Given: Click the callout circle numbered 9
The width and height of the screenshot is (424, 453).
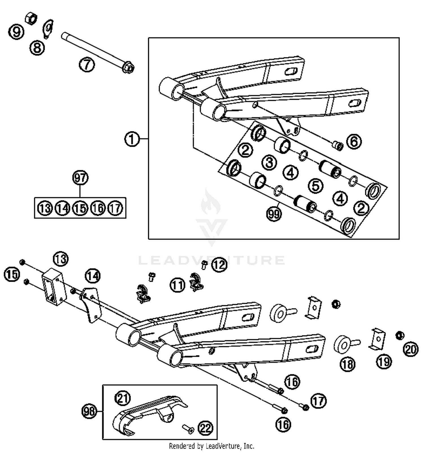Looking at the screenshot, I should (16, 31).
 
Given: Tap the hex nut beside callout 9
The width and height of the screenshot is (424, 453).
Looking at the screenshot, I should (31, 18).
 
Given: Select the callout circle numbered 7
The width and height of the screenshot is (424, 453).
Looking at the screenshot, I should (86, 65).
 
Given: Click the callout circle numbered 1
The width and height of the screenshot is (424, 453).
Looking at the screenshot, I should (132, 139).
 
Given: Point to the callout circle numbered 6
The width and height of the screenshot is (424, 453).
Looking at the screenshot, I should (354, 141).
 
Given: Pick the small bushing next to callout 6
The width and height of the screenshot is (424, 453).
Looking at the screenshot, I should (338, 146).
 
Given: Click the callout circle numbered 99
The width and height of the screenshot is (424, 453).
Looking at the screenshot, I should (274, 213).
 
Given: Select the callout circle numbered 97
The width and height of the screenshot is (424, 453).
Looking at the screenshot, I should (80, 178).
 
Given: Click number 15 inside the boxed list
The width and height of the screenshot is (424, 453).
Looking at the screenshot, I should (80, 208).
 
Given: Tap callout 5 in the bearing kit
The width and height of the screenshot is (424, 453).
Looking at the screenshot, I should (315, 185).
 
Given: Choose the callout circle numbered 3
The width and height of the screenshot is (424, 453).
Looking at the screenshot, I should (269, 162).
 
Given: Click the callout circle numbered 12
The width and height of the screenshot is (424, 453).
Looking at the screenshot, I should (219, 265).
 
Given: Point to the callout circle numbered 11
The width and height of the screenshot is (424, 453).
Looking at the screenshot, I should (178, 285).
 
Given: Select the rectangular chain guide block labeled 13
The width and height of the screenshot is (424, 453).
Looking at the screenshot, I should (54, 286).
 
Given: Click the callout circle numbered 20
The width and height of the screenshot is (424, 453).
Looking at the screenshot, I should (411, 349).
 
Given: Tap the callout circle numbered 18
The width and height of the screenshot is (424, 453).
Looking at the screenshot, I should (347, 364).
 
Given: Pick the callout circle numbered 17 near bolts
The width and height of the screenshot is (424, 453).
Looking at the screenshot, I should (319, 401).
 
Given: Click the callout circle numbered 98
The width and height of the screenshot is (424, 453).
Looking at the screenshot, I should (89, 411).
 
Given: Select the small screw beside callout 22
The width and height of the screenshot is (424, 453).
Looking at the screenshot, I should (188, 428).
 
